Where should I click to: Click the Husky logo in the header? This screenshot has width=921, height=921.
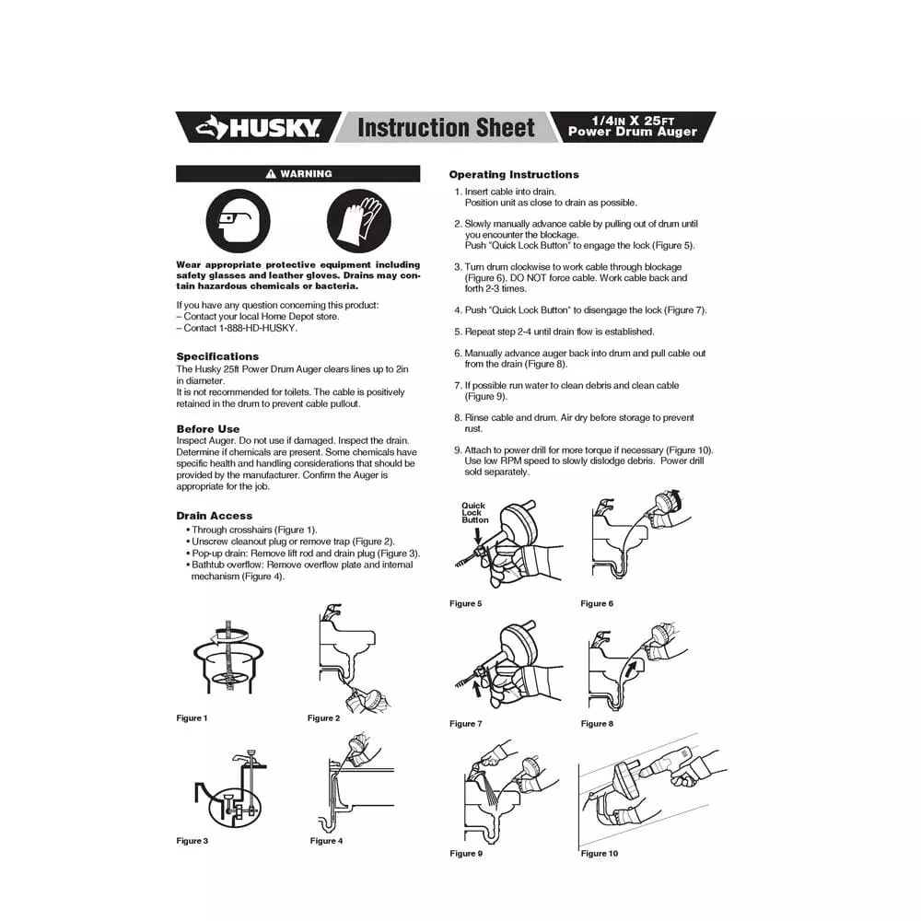coord(261,127)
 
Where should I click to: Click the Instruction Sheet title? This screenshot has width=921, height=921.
coord(446,127)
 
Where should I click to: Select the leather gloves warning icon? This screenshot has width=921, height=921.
coord(359,222)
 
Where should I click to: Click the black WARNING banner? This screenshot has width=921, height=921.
coord(297,173)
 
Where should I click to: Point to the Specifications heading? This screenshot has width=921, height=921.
coord(217,356)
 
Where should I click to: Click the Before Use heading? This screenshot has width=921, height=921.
coord(207,429)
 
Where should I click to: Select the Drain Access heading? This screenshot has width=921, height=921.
coord(214,516)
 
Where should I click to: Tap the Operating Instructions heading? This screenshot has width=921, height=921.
coord(514,174)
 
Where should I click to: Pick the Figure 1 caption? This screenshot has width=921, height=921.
coord(192,718)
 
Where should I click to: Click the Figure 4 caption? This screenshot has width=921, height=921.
coord(326,841)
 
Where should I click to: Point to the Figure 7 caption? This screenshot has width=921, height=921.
coord(465,724)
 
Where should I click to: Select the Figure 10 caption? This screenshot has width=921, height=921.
coord(600,854)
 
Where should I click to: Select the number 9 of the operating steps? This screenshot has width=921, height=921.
coord(457,450)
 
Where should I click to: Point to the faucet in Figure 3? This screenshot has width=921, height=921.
coord(240,761)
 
